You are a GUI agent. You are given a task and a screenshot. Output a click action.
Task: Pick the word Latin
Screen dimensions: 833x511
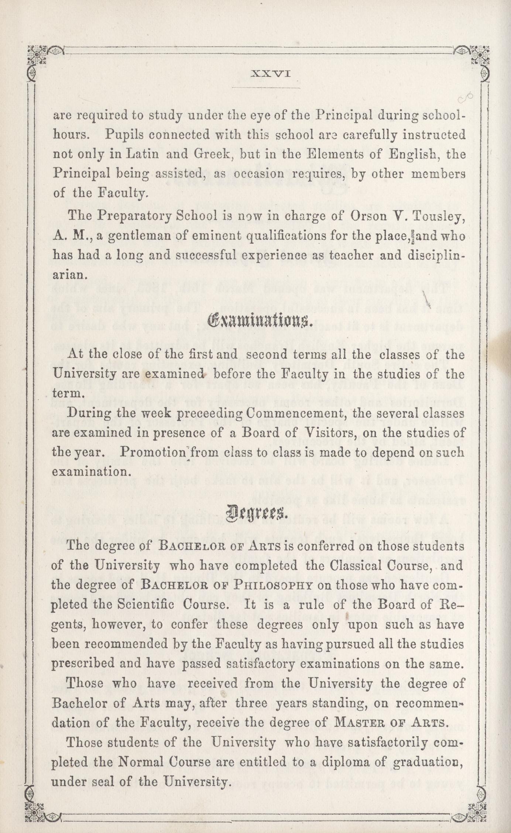(x=143, y=154)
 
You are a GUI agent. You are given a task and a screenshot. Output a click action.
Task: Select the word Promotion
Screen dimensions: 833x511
(x=149, y=452)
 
